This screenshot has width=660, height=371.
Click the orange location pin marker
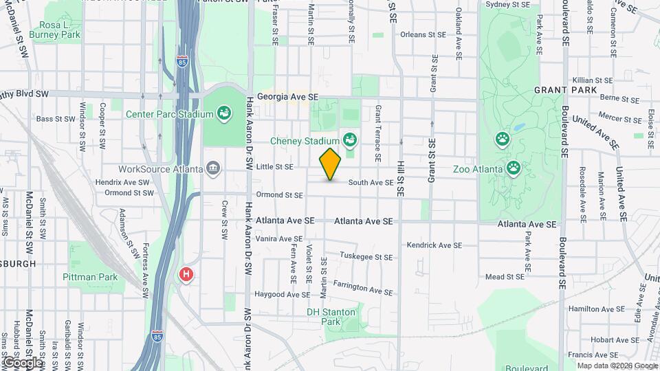(330, 164)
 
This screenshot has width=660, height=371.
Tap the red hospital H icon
(186, 275)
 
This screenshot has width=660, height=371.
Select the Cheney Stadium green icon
(350, 141)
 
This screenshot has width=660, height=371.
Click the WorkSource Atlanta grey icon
(213, 168)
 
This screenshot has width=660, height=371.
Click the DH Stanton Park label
(331, 317)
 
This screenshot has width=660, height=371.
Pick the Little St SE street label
(274, 166)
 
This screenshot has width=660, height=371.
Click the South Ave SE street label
(371, 183)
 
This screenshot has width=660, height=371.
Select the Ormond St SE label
(279, 195)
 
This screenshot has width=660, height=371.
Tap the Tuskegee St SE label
(366, 258)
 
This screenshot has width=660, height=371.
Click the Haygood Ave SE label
(283, 295)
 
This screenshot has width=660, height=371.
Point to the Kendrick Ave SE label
(434, 245)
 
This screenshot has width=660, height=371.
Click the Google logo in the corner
(22, 362)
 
